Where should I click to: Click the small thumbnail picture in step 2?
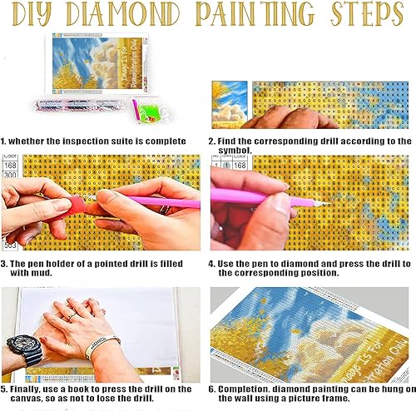pos(229,104)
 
